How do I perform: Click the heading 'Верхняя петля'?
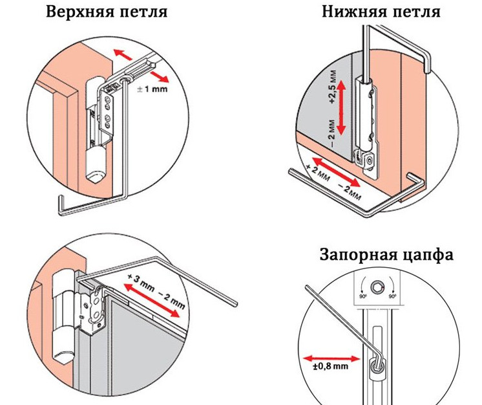pos(107,12)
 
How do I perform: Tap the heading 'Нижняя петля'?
pos(381,12)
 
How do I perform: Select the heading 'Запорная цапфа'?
pos(386,256)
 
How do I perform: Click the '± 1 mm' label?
pos(152,89)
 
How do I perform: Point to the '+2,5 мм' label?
pos(333,87)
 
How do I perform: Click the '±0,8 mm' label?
pos(331,366)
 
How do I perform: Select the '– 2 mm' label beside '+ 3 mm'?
pos(171,300)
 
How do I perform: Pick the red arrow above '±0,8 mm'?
pos(331,358)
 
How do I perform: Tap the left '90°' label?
pos(363,297)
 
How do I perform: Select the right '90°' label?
pos(392,297)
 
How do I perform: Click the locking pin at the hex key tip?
pos(376,367)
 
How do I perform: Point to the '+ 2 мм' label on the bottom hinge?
pos(318,171)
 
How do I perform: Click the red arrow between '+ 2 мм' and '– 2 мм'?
pos(336,172)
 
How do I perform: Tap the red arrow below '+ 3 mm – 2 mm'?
pos(152,301)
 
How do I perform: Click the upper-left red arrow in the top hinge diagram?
pos(123,54)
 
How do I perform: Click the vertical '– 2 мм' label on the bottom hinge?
pos(332,133)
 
